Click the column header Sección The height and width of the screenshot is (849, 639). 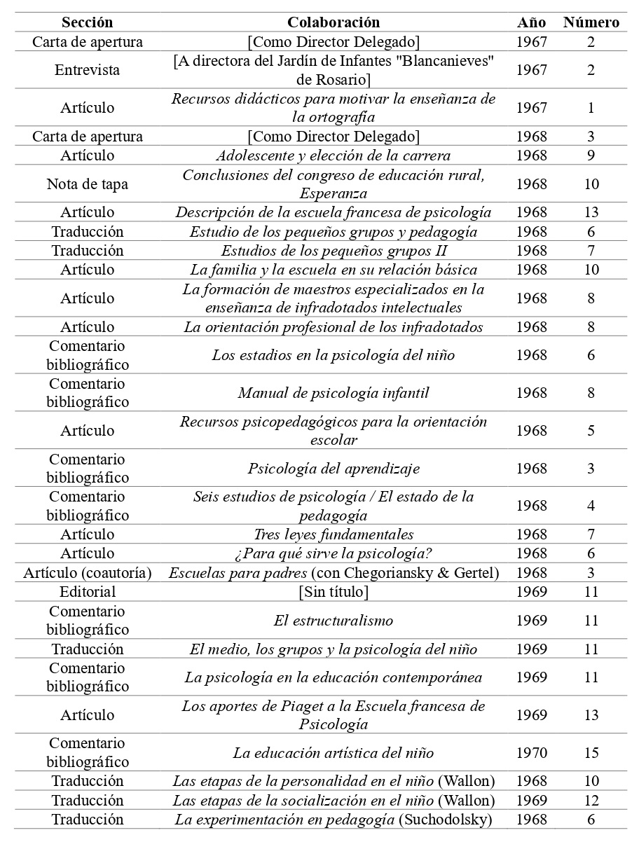[87, 22]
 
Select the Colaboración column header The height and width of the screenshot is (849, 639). [334, 22]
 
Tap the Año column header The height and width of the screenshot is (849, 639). [531, 22]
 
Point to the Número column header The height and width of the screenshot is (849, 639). [591, 22]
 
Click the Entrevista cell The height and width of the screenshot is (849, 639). [87, 69]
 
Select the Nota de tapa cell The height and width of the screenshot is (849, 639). [87, 184]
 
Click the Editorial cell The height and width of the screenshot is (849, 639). [87, 592]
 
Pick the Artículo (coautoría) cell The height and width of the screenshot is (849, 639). [87, 573]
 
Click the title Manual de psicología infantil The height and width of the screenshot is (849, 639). [334, 393]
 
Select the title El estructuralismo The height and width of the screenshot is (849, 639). [334, 621]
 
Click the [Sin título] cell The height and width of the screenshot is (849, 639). [334, 592]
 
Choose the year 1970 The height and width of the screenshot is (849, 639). [531, 753]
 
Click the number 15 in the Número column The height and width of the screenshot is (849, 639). [591, 753]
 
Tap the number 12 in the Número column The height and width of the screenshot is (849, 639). [591, 801]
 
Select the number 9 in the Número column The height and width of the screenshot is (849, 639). [591, 156]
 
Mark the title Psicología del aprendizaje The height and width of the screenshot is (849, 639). [334, 469]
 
